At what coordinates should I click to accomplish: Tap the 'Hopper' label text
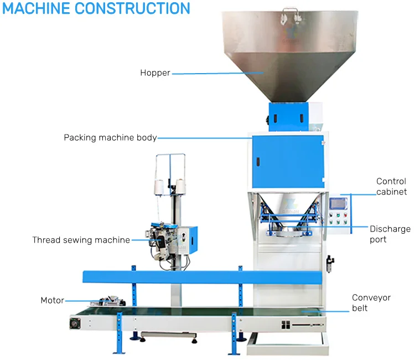pyautogui.click(x=155, y=73)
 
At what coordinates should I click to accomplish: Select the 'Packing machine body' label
pyautogui.click(x=110, y=137)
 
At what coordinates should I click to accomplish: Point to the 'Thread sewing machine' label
pyautogui.click(x=81, y=240)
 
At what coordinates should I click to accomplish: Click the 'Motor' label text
pyautogui.click(x=52, y=300)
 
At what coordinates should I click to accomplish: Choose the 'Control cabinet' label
pyautogui.click(x=391, y=187)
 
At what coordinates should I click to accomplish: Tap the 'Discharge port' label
pyautogui.click(x=390, y=234)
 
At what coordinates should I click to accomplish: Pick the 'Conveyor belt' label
pyautogui.click(x=371, y=302)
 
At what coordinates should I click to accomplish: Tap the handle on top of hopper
pyautogui.click(x=288, y=11)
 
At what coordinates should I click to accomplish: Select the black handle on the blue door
pyautogui.click(x=257, y=162)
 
